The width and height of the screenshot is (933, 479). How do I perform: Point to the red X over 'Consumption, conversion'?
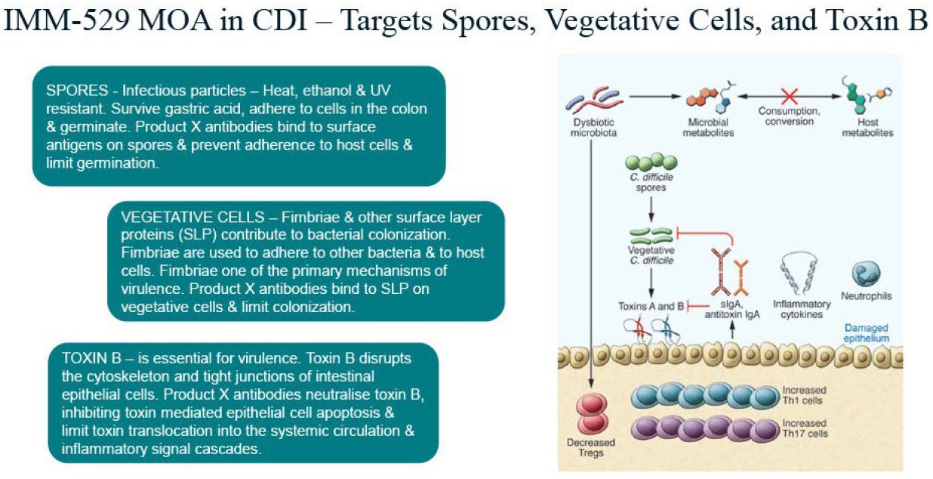coord(789,96)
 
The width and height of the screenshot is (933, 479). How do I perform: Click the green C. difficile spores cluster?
coord(651,161)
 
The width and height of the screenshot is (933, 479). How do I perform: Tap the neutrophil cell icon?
coord(864,273)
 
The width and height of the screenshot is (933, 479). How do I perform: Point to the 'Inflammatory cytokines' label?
coord(802,309)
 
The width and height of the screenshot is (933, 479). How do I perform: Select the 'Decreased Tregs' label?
coord(591,447)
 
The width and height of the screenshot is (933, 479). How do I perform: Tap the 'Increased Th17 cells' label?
coord(805,428)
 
